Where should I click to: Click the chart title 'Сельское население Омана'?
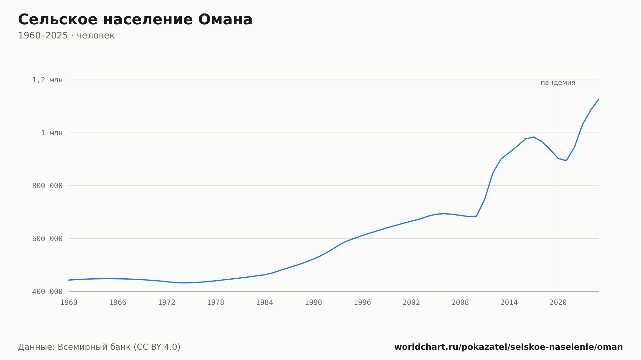135,20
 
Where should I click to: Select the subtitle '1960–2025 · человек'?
66,36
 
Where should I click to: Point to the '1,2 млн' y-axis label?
47,80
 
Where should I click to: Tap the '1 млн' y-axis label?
52,133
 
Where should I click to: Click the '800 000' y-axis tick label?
47,186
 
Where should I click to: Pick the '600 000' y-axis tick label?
47,239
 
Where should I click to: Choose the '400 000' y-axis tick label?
47,291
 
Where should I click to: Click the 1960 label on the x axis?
69,303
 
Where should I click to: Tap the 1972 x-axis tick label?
167,303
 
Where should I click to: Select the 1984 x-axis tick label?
264,303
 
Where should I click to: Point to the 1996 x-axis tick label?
362,303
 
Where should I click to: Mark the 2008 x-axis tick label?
460,303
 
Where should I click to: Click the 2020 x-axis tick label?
558,303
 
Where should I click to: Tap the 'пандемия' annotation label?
558,83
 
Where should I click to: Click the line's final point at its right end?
599,99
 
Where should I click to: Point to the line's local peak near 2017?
533,137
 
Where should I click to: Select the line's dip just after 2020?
566,160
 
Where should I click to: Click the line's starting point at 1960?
69,280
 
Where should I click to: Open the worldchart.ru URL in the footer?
508,347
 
